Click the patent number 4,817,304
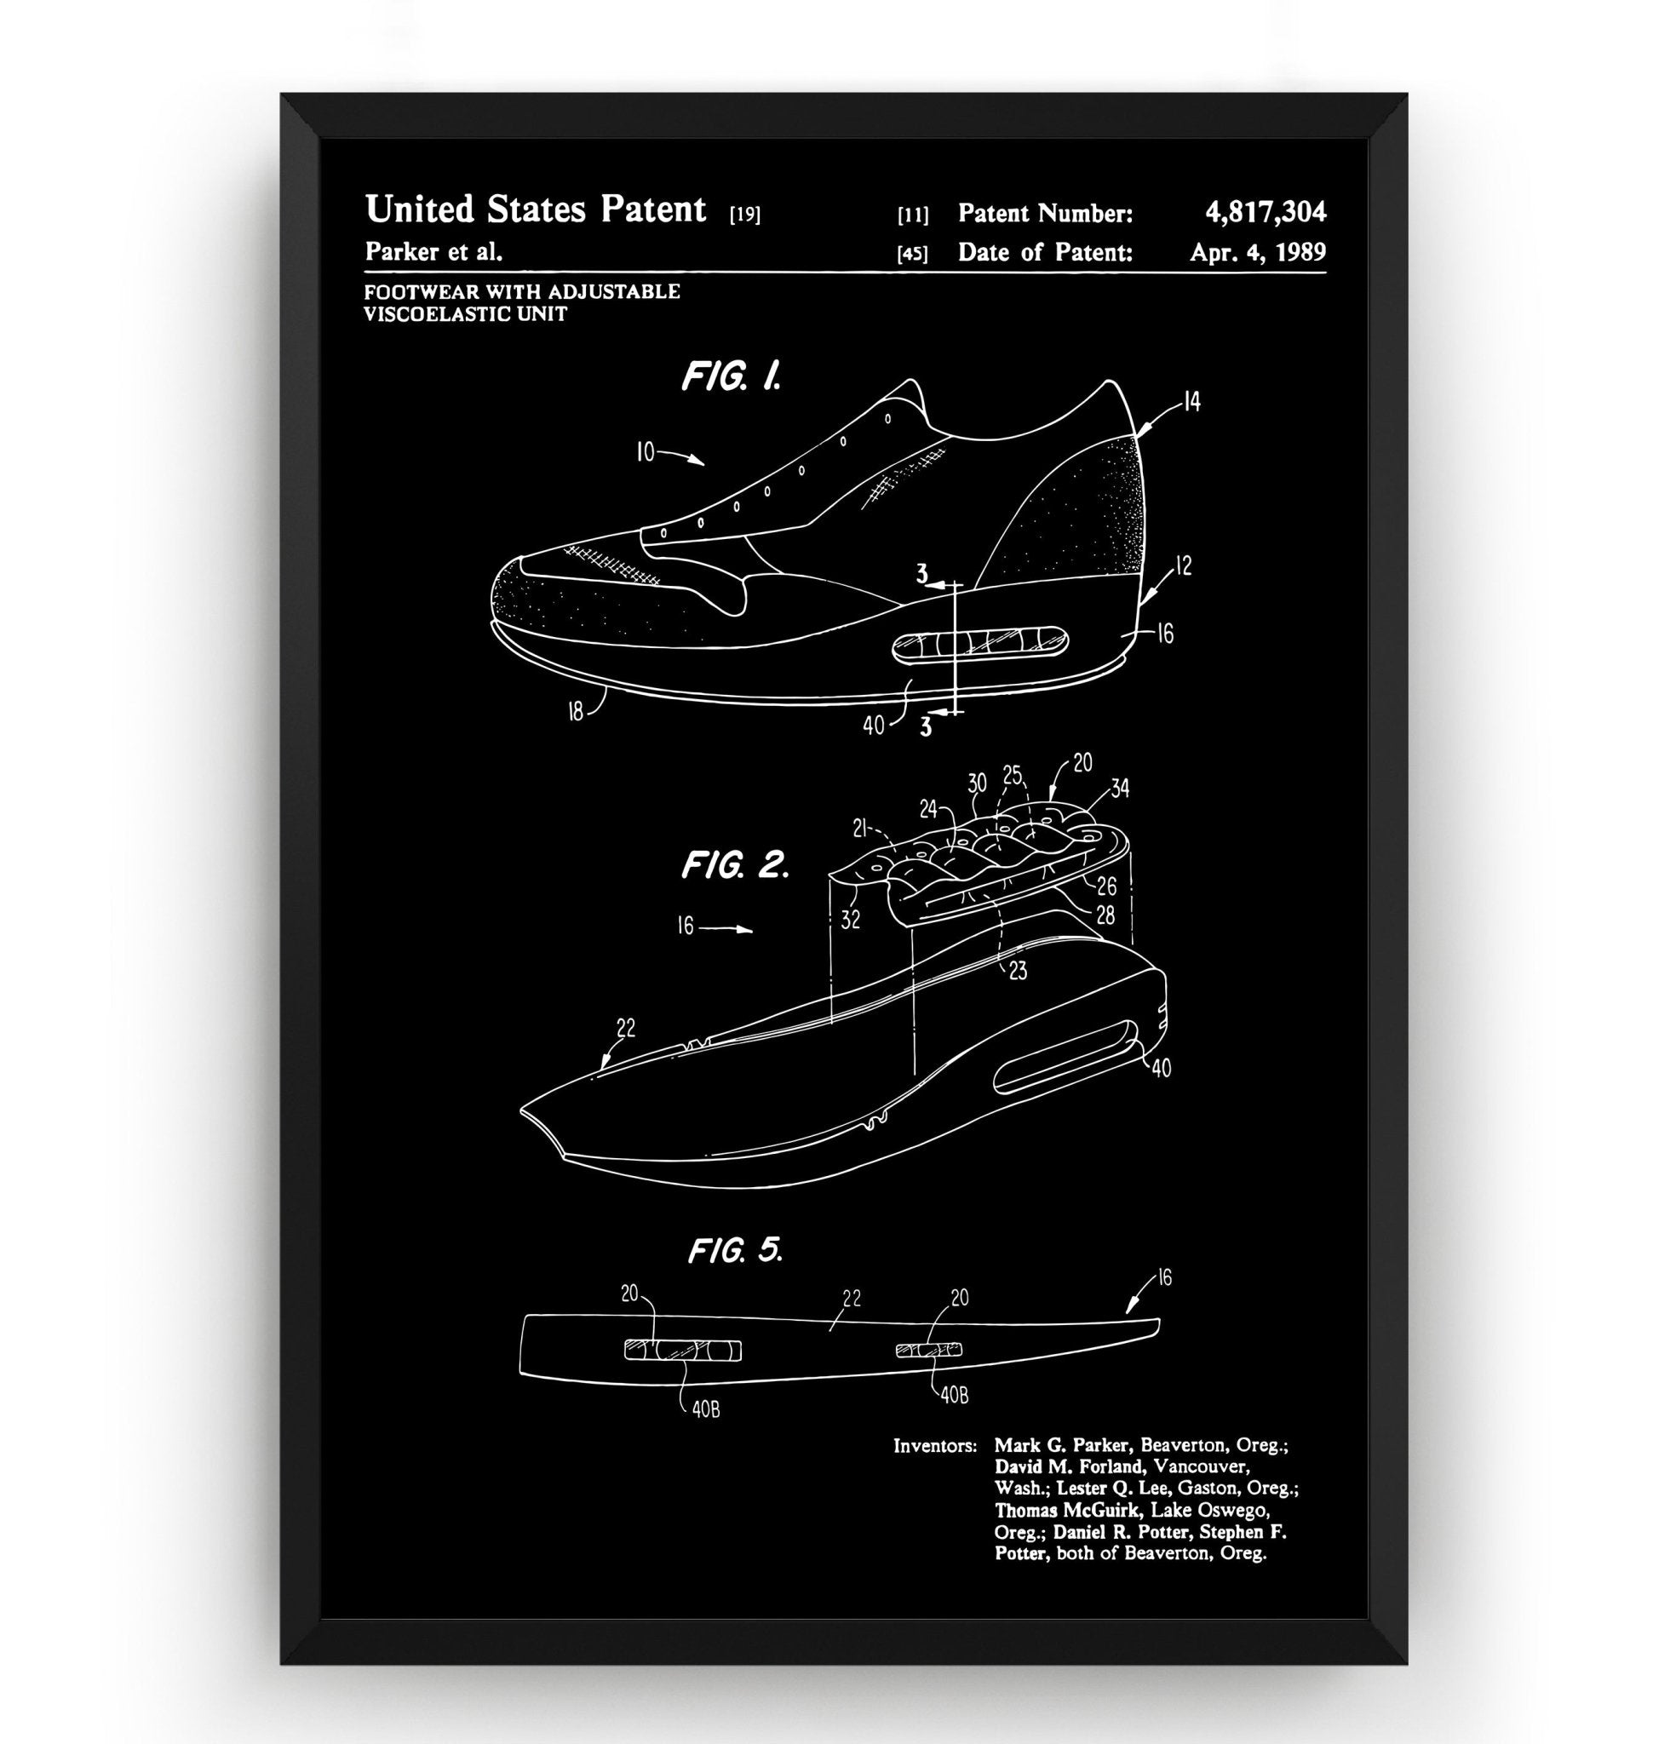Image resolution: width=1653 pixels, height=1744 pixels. tap(1265, 211)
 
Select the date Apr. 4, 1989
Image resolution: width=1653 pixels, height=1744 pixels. tap(1257, 252)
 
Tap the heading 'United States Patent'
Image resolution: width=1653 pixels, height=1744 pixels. tap(535, 209)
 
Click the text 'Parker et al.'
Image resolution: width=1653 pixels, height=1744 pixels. tap(433, 252)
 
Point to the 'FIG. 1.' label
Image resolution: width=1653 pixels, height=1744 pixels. tap(732, 376)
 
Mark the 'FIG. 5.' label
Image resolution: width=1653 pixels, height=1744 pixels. tap(735, 1250)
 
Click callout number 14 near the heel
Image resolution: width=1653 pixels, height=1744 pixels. tap(1191, 403)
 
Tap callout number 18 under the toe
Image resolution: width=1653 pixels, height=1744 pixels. tap(576, 711)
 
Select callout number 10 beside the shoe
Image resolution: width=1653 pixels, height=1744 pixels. tap(645, 453)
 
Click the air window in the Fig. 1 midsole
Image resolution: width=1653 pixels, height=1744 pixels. tap(980, 643)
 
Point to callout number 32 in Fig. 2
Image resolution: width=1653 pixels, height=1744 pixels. tap(849, 919)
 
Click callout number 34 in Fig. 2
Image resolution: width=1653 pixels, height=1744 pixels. tap(1119, 788)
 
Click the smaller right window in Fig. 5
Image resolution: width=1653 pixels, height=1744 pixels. tap(929, 1349)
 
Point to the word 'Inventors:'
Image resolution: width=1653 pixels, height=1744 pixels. tap(935, 1446)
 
